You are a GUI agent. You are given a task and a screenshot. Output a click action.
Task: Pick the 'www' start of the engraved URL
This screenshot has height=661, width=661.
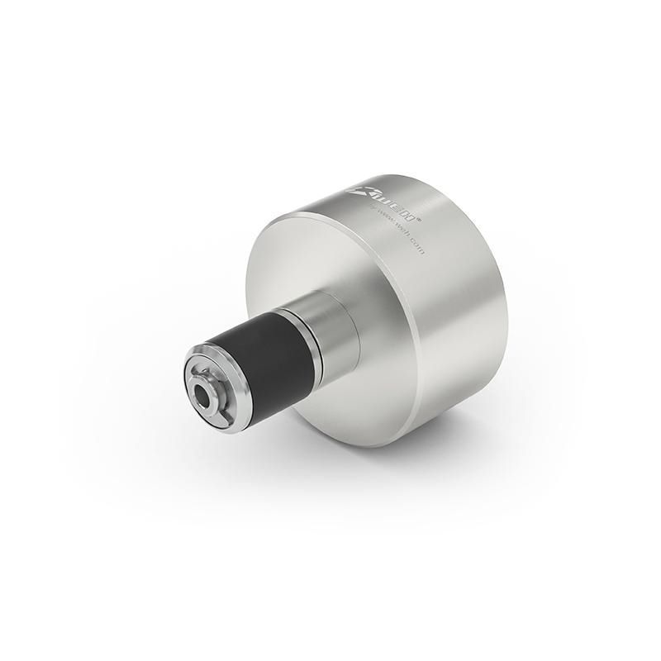coord(382,224)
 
